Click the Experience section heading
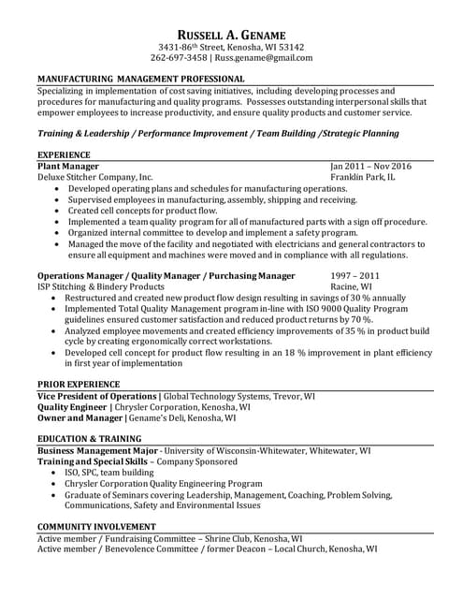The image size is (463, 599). point(64,153)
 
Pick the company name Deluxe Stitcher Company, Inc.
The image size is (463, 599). point(94,176)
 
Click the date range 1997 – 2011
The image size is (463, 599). point(355,276)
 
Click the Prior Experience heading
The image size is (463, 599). point(79,385)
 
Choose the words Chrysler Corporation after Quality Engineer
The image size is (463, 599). point(154,408)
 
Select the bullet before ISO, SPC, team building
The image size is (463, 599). point(58,473)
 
